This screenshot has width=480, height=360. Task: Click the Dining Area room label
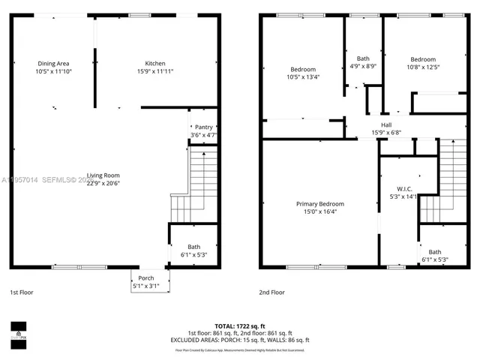click(53, 64)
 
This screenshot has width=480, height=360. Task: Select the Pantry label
click(203, 127)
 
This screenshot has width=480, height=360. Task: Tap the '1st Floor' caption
click(21, 292)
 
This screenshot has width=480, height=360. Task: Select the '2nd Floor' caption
click(273, 292)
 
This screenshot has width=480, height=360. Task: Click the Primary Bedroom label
click(320, 204)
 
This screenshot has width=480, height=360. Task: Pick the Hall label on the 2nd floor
click(386, 125)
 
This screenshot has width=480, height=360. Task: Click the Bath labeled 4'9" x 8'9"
click(363, 58)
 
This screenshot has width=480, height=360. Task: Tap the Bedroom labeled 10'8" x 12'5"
click(423, 59)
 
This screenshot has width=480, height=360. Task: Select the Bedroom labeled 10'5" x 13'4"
click(303, 70)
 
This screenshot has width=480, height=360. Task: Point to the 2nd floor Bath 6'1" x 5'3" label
click(435, 252)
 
